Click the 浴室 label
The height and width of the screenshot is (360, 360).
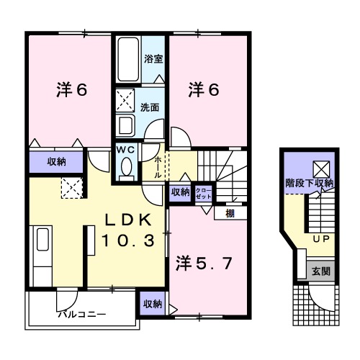point(152,59)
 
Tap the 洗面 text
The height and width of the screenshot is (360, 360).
point(150,107)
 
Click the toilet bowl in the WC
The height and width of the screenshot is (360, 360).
point(127,166)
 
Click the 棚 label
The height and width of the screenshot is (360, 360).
point(228,212)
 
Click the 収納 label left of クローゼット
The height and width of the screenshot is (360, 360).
point(180,192)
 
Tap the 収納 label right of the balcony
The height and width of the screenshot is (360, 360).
point(151,305)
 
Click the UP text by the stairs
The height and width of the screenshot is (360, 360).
point(320,238)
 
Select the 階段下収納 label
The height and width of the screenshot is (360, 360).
point(310,183)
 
